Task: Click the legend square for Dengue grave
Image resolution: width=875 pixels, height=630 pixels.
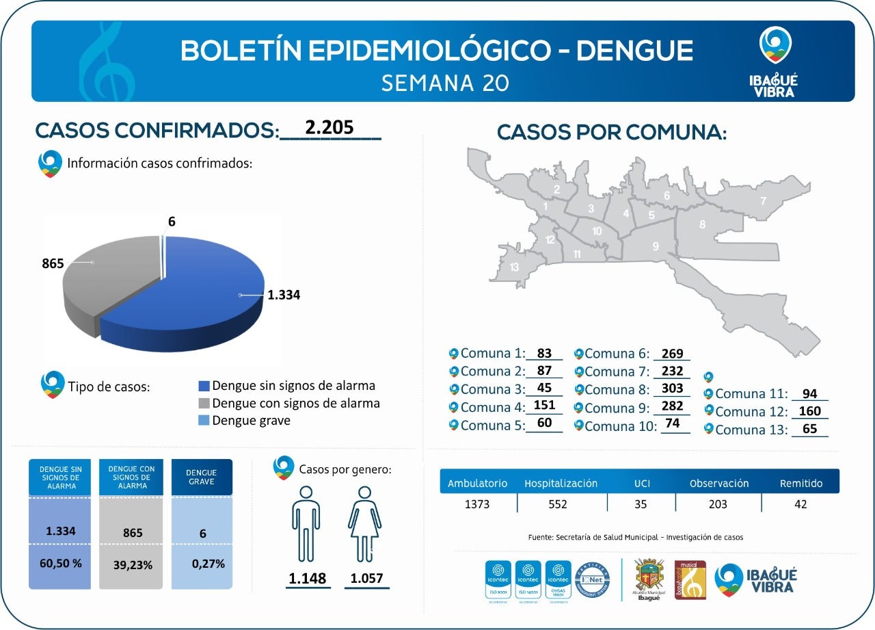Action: [x=204, y=421]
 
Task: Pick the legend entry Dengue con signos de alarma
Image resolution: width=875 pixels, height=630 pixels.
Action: [x=295, y=404]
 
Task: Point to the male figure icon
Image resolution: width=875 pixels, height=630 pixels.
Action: [x=306, y=523]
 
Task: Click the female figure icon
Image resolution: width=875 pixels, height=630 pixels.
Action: [x=365, y=523]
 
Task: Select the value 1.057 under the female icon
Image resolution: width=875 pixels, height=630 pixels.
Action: [x=367, y=578]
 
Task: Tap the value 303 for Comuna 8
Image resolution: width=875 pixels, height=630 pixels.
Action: [x=672, y=389]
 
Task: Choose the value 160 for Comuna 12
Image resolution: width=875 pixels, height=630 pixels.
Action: [x=809, y=412]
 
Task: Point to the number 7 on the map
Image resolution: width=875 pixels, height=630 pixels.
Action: [x=763, y=201]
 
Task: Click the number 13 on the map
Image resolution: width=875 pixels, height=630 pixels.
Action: [x=514, y=267]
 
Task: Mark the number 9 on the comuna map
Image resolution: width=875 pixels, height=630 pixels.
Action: [x=655, y=246]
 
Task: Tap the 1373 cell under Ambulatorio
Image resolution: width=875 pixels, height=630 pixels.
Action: [x=477, y=504]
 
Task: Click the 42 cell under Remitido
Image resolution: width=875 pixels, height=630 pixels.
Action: [x=800, y=504]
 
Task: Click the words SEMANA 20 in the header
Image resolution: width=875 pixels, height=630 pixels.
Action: [x=445, y=83]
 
